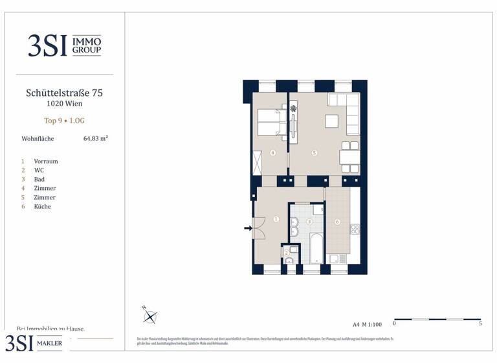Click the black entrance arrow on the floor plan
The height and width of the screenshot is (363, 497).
pyautogui.click(x=247, y=228)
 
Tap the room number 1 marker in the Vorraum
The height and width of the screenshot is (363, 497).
pyautogui.click(x=276, y=220)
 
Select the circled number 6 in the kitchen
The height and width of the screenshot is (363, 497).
pyautogui.click(x=337, y=222)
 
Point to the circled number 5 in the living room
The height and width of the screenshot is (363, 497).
pyautogui.click(x=314, y=154)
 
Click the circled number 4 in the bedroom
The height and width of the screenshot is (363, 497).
pyautogui.click(x=273, y=154)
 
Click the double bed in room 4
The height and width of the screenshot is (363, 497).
pyautogui.click(x=270, y=123)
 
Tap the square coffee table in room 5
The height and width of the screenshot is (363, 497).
pyautogui.click(x=331, y=122)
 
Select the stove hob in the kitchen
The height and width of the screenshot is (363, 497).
pyautogui.click(x=354, y=229)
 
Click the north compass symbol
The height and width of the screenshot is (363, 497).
pyautogui.click(x=151, y=316)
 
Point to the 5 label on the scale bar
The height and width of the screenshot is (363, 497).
pyautogui.click(x=480, y=323)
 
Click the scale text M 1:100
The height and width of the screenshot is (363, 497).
pyautogui.click(x=371, y=323)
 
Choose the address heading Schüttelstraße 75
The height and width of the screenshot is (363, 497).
pyautogui.click(x=64, y=93)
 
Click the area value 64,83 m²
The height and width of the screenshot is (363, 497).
pyautogui.click(x=95, y=138)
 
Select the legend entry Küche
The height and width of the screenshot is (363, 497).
pyautogui.click(x=42, y=206)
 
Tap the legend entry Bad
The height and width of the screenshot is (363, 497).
pyautogui.click(x=39, y=179)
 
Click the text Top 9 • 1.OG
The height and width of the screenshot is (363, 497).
pyautogui.click(x=64, y=121)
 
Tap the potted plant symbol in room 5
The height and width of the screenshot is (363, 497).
pyautogui.click(x=293, y=109)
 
